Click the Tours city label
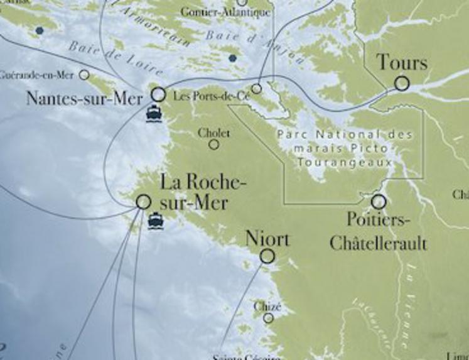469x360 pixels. coord(402,63)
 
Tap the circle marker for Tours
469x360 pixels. coord(402,83)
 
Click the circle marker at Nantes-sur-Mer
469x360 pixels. coord(159,94)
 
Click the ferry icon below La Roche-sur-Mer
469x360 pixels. coord(155,221)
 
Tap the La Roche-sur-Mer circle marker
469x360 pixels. coord(144,202)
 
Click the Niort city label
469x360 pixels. coord(267,239)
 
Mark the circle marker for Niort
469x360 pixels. coord(267,256)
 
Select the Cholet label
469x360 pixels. coord(214,133)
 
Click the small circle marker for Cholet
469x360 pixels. coord(214,145)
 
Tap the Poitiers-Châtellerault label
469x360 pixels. coord(378,231)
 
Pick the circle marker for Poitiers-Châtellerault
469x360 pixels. coord(378,202)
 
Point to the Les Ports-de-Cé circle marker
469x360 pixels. coord(257,89)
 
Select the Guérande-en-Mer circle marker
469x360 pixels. coord(84,75)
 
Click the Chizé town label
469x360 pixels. coord(267,307)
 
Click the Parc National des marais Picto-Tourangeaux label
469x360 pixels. coord(345,148)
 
